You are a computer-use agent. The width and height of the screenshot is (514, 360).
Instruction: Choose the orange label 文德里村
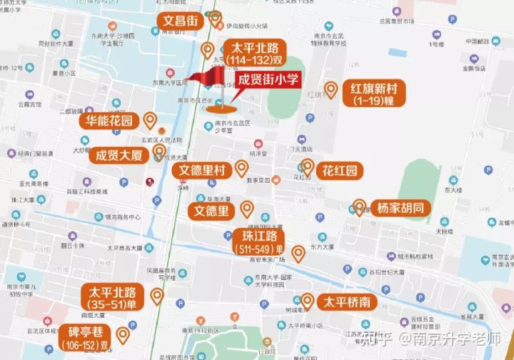point(201,171)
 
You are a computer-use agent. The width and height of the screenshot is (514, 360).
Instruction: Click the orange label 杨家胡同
point(400,209)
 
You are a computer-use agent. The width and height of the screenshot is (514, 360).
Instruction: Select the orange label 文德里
point(213,211)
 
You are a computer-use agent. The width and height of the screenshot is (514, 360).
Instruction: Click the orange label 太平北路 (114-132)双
point(256,52)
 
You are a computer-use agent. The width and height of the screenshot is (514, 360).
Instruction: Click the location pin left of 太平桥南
point(307,301)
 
